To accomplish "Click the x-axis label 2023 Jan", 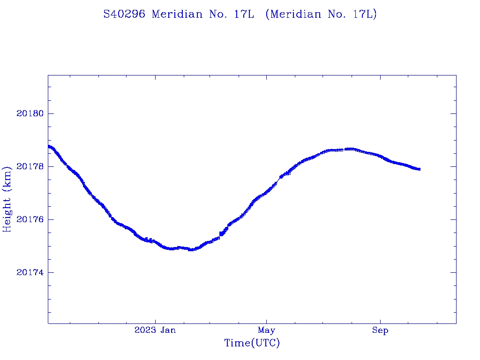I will point(155,330).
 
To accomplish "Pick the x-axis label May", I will point(266,330).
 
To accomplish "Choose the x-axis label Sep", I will point(380,330).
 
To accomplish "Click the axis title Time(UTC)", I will point(252,343).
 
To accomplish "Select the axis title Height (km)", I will point(7,199).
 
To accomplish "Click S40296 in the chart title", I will point(124,15).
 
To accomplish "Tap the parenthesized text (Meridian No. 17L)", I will point(321,15).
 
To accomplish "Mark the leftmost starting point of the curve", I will point(48,146).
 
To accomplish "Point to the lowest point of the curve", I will point(191,249).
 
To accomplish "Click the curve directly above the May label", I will point(266,192).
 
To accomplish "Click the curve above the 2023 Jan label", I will point(155,243).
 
